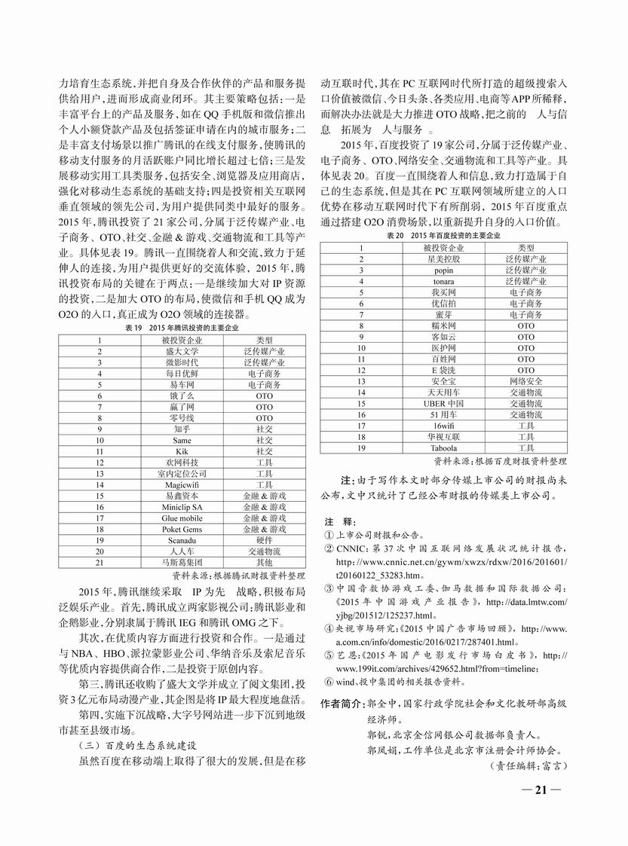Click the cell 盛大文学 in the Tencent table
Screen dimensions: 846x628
[182, 351]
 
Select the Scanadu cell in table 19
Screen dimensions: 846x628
[182, 540]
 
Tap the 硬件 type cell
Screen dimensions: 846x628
[264, 540]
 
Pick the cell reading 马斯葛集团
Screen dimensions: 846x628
[182, 562]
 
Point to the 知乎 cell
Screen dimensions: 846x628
[182, 429]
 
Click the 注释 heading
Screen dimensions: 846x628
[336, 521]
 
